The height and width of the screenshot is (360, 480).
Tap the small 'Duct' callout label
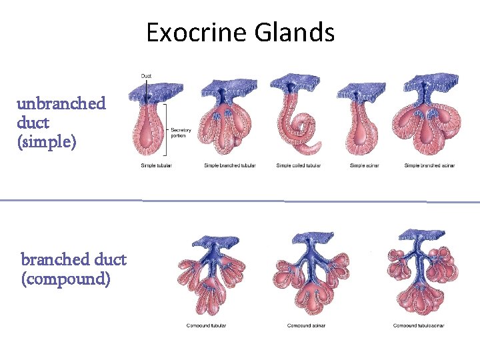(x=146, y=75)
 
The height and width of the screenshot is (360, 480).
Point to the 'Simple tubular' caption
(x=156, y=165)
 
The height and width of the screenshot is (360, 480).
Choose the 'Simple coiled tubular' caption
(x=299, y=165)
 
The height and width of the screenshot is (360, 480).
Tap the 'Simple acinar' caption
(x=364, y=165)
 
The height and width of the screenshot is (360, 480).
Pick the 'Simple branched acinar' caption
(x=429, y=165)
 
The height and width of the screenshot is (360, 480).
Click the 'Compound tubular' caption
(x=206, y=325)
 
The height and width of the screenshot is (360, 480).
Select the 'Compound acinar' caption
(x=306, y=325)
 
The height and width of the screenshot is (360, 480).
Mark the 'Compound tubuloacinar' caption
(x=419, y=325)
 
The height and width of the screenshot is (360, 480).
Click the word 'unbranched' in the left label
(x=61, y=103)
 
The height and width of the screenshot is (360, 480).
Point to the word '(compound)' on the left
(x=66, y=278)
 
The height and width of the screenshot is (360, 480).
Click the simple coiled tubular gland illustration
(x=297, y=120)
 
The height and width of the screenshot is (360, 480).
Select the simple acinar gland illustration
(x=362, y=123)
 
